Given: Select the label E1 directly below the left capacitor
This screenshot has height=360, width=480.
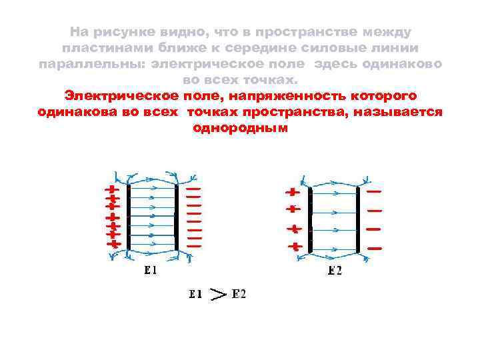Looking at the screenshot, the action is click(150, 271).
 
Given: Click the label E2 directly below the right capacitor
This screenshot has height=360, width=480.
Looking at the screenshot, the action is click(335, 271).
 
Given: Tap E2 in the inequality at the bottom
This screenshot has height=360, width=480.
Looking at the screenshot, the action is click(239, 294).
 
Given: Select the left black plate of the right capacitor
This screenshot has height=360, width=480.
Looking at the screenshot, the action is click(310, 220).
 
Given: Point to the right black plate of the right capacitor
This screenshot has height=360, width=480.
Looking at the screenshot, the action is click(359, 220).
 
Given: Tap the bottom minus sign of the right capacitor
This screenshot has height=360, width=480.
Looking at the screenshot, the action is click(375, 248).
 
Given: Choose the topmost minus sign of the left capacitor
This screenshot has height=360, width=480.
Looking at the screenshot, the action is click(193, 189).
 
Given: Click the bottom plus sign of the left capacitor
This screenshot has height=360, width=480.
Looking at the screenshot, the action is click(114, 245).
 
